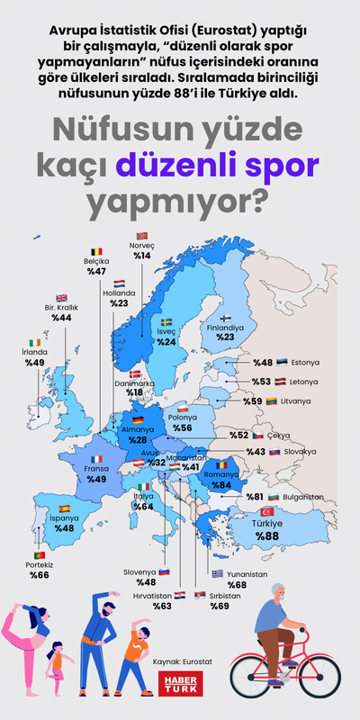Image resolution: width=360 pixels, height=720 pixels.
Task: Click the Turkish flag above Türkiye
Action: pyautogui.click(x=266, y=511)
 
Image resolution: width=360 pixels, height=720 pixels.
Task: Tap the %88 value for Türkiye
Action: pyautogui.click(x=267, y=537)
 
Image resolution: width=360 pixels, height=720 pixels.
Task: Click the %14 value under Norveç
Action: pyautogui.click(x=142, y=256)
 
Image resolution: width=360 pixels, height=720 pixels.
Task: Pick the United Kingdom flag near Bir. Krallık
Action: pyautogui.click(x=62, y=298)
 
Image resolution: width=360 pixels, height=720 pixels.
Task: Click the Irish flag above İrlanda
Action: pyautogui.click(x=34, y=343)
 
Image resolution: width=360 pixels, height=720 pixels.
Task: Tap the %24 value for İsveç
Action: pyautogui.click(x=166, y=342)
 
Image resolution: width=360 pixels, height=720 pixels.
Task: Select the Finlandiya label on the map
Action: pyautogui.click(x=225, y=328)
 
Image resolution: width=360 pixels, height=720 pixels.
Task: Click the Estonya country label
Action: pyautogui.click(x=305, y=363)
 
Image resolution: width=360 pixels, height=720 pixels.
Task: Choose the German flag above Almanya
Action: pyautogui.click(x=138, y=420)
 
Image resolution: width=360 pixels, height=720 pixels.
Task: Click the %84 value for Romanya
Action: pyautogui.click(x=223, y=486)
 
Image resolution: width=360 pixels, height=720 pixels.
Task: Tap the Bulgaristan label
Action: pyautogui.click(x=300, y=497)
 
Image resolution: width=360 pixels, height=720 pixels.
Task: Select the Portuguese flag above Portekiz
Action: pyautogui.click(x=40, y=556)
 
